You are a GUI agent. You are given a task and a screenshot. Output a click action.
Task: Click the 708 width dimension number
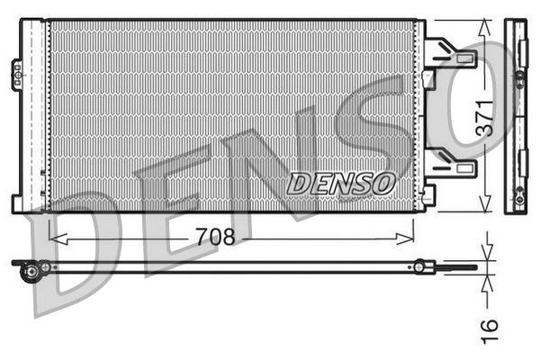click(x=215, y=237)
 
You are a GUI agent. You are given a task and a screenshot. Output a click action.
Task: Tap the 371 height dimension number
click(x=485, y=117)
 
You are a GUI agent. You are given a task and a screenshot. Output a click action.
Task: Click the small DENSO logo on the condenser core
click(x=341, y=183)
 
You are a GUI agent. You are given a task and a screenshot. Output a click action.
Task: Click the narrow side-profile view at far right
click(x=517, y=117)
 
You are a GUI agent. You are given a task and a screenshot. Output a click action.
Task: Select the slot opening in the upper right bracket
click(x=465, y=59)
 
